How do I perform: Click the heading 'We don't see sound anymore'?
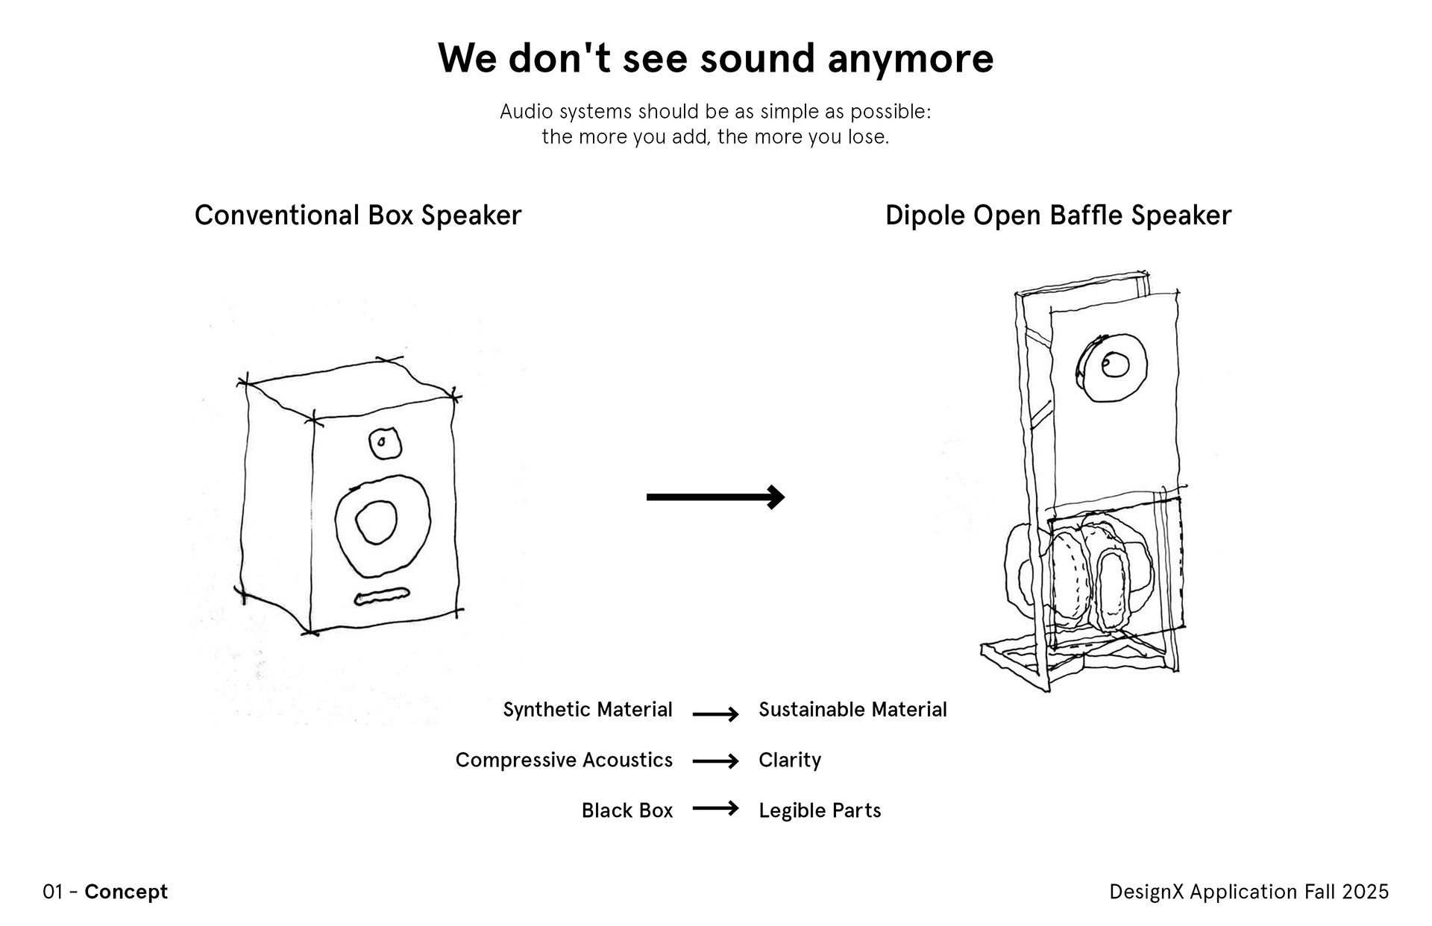(x=715, y=58)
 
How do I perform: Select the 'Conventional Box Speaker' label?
(x=357, y=215)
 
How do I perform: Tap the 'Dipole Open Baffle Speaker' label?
(x=1058, y=215)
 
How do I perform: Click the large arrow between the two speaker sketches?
(x=715, y=497)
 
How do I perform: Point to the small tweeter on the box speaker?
(x=385, y=444)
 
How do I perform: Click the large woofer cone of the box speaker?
(x=382, y=526)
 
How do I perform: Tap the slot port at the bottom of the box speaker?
(x=381, y=596)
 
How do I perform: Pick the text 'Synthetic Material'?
(x=587, y=709)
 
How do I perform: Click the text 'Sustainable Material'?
(x=852, y=709)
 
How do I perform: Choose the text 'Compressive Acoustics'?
(x=563, y=760)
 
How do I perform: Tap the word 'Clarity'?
(x=789, y=760)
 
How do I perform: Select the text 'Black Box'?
(x=626, y=810)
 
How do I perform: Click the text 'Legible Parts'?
(x=819, y=810)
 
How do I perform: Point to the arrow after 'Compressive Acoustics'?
(x=715, y=761)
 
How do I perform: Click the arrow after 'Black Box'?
(x=715, y=808)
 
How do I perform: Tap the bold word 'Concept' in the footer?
(x=126, y=892)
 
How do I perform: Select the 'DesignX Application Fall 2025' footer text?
(x=1249, y=892)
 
